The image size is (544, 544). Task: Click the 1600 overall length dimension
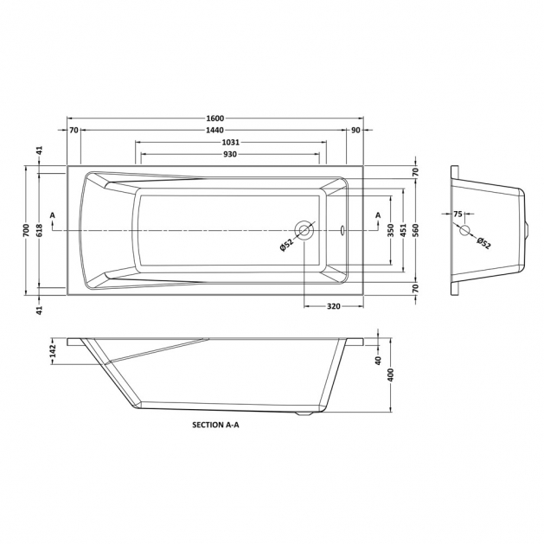pyautogui.click(x=215, y=118)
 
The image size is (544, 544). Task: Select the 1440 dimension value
pyautogui.click(x=215, y=130)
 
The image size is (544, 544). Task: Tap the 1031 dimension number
pyautogui.click(x=231, y=142)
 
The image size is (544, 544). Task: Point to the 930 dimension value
pyautogui.click(x=230, y=154)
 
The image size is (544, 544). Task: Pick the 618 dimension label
pyautogui.click(x=39, y=230)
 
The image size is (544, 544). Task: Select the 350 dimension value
pyautogui.click(x=391, y=230)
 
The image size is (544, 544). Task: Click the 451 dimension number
pyautogui.click(x=403, y=230)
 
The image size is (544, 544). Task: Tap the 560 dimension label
pyautogui.click(x=416, y=230)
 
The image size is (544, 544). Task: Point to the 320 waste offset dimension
pyautogui.click(x=334, y=306)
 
